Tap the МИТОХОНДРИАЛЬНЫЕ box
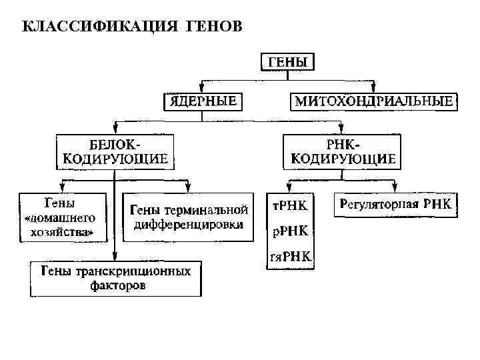pos(373,101)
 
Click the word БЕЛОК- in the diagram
pos(115,145)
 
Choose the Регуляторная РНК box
pos(395,205)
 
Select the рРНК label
pos(290,231)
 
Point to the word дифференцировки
pos(189,225)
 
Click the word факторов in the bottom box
pos(117,285)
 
